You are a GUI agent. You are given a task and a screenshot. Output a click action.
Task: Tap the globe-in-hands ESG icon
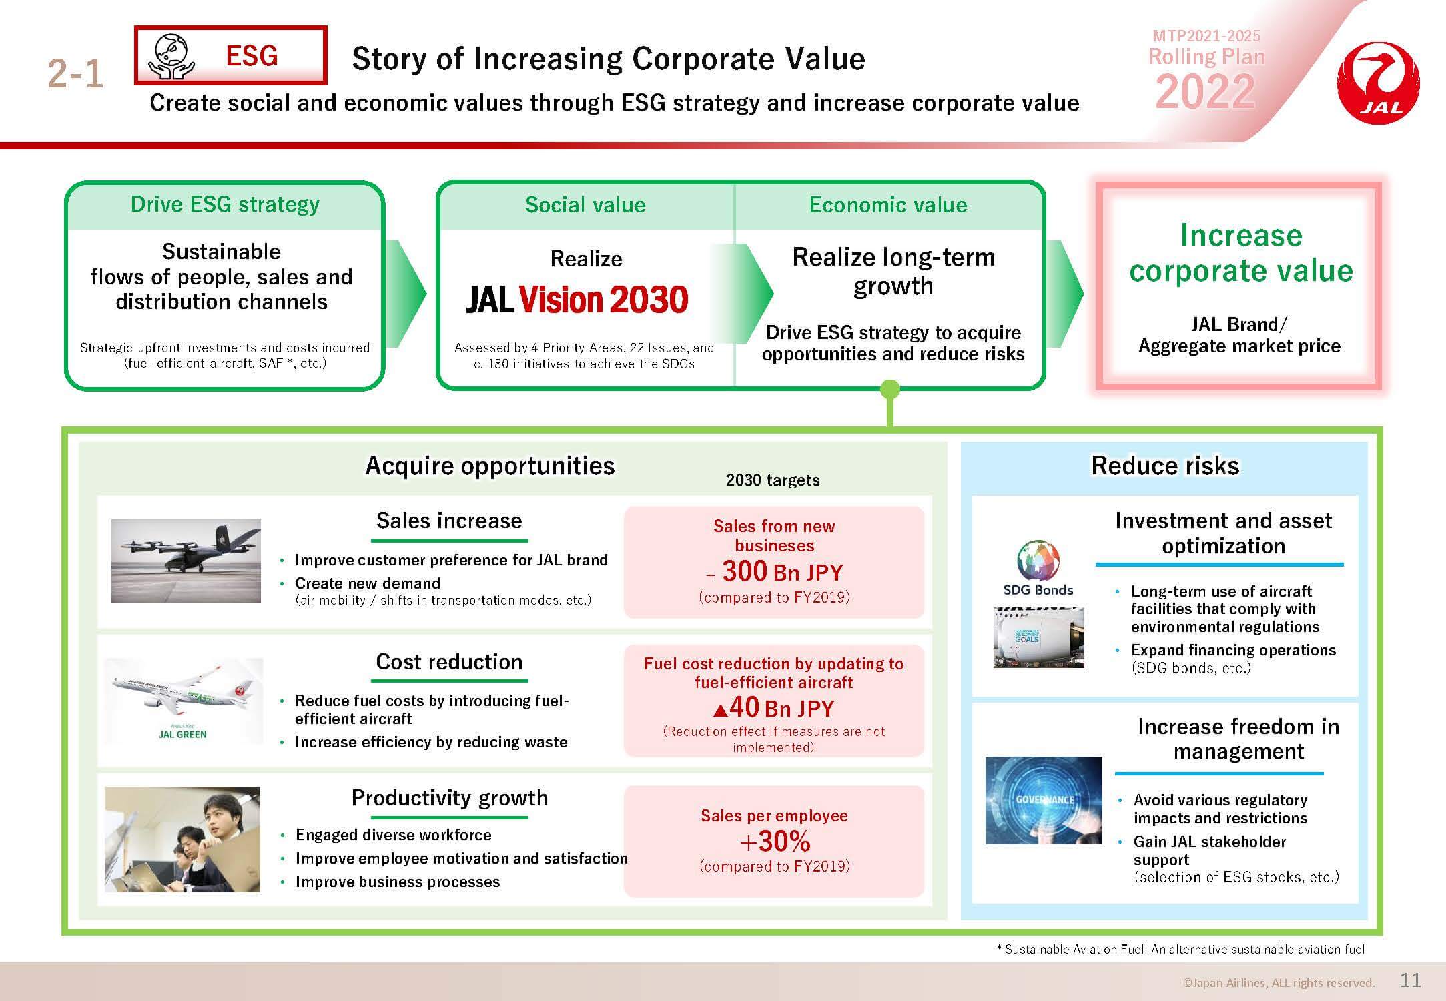pyautogui.click(x=171, y=56)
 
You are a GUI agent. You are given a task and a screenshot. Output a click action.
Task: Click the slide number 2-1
pyautogui.click(x=75, y=73)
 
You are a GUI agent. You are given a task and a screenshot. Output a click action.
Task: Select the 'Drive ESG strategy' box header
pyautogui.click(x=225, y=204)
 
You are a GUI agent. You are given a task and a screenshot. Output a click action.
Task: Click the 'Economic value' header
pyautogui.click(x=888, y=204)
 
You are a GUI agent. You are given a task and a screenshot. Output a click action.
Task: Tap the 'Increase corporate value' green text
pyautogui.click(x=1240, y=253)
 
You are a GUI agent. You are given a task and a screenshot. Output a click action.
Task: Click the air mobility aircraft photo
pyautogui.click(x=186, y=561)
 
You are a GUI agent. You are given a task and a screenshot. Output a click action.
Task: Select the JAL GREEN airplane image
pyautogui.click(x=184, y=701)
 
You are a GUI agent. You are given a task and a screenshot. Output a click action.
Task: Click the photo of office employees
pyautogui.click(x=182, y=840)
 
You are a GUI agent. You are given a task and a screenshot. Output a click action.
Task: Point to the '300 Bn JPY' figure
pyautogui.click(x=783, y=571)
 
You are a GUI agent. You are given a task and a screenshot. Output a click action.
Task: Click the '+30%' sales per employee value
pyautogui.click(x=775, y=842)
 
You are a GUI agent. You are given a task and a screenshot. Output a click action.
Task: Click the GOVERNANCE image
pyautogui.click(x=1044, y=800)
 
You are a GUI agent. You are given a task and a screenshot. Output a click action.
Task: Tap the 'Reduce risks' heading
pyautogui.click(x=1165, y=466)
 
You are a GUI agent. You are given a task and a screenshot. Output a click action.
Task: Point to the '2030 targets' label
pyautogui.click(x=773, y=480)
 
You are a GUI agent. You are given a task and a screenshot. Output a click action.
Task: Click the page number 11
pyautogui.click(x=1410, y=980)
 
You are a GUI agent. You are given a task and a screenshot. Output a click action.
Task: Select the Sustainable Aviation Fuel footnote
pyautogui.click(x=1180, y=949)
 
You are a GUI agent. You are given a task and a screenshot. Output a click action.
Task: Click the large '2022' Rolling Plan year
pyautogui.click(x=1206, y=91)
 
